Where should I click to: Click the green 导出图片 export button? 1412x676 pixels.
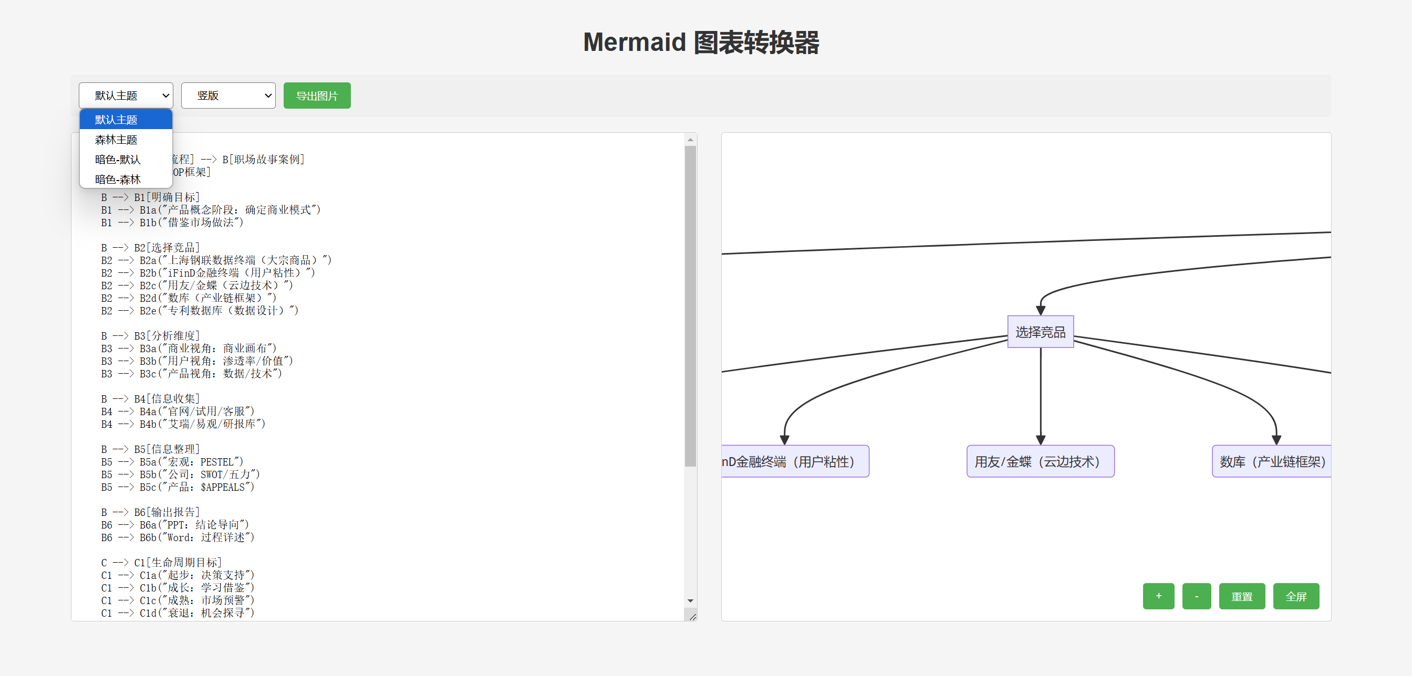click(x=317, y=96)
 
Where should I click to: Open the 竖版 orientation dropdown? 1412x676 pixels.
click(x=228, y=96)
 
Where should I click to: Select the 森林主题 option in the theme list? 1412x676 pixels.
click(x=116, y=140)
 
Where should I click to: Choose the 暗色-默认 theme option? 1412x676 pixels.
click(x=117, y=160)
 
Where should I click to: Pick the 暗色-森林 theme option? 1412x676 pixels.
click(x=117, y=179)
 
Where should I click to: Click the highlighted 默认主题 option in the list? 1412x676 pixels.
click(x=116, y=120)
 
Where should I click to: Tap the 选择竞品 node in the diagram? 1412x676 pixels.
click(x=1040, y=332)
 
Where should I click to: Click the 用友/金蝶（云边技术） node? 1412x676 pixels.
click(x=1040, y=461)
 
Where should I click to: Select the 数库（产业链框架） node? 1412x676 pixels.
click(x=1272, y=461)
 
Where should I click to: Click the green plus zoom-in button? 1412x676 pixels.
click(x=1158, y=596)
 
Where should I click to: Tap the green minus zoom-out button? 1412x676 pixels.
click(x=1196, y=596)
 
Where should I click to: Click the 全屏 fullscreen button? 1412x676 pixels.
click(x=1296, y=596)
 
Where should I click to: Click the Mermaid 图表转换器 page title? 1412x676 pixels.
click(x=701, y=42)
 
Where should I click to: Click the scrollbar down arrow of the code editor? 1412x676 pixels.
click(x=691, y=601)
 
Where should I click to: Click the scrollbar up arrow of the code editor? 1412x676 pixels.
click(x=691, y=140)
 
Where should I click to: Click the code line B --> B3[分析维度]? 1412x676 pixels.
click(x=150, y=335)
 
